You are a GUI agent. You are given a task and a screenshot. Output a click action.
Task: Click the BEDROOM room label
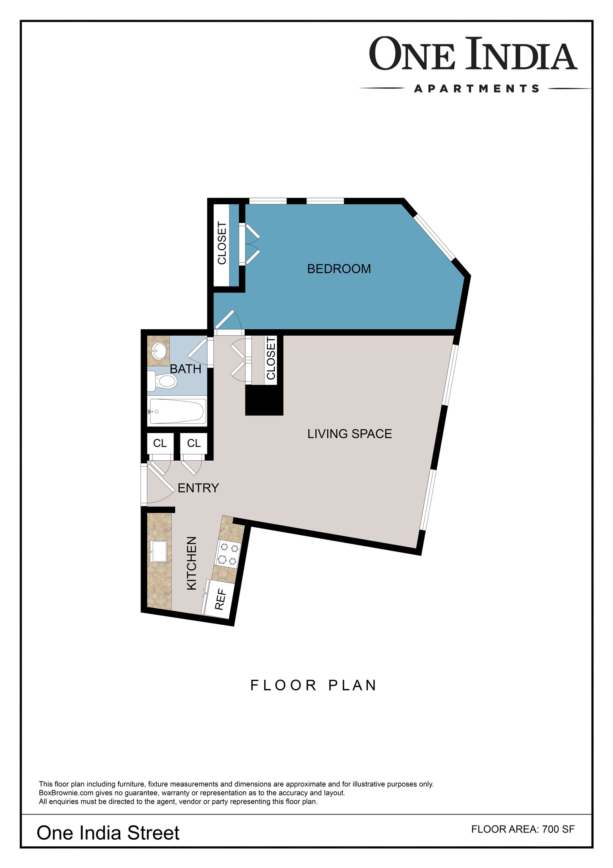339,269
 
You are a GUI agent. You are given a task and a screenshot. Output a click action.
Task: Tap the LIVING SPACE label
350,434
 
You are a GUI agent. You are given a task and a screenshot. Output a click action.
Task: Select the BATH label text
185,369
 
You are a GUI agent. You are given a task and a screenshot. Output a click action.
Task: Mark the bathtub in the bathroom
177,412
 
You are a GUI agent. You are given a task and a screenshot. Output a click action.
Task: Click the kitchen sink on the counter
159,551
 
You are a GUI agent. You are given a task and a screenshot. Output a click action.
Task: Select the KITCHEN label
192,563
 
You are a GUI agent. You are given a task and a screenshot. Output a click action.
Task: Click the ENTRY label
198,488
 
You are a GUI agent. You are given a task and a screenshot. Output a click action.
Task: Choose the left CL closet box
160,443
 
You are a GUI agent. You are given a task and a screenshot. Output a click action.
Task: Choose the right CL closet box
194,443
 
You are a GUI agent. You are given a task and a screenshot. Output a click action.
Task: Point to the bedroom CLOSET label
222,243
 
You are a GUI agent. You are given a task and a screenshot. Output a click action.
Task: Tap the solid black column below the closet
264,400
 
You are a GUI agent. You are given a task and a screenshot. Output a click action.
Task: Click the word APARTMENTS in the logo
477,89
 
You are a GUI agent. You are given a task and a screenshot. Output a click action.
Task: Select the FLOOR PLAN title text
314,685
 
